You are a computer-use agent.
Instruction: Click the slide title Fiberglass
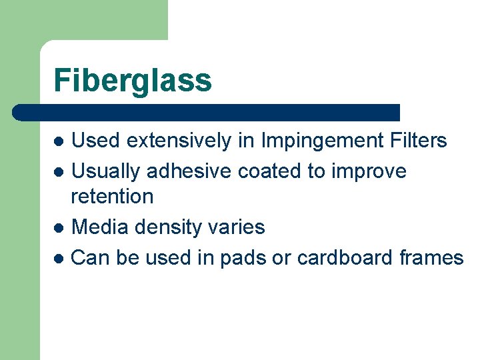point(133,81)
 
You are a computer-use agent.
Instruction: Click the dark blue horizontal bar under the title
point(207,112)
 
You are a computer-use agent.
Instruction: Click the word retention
point(112,196)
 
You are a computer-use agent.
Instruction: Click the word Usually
point(105,172)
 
